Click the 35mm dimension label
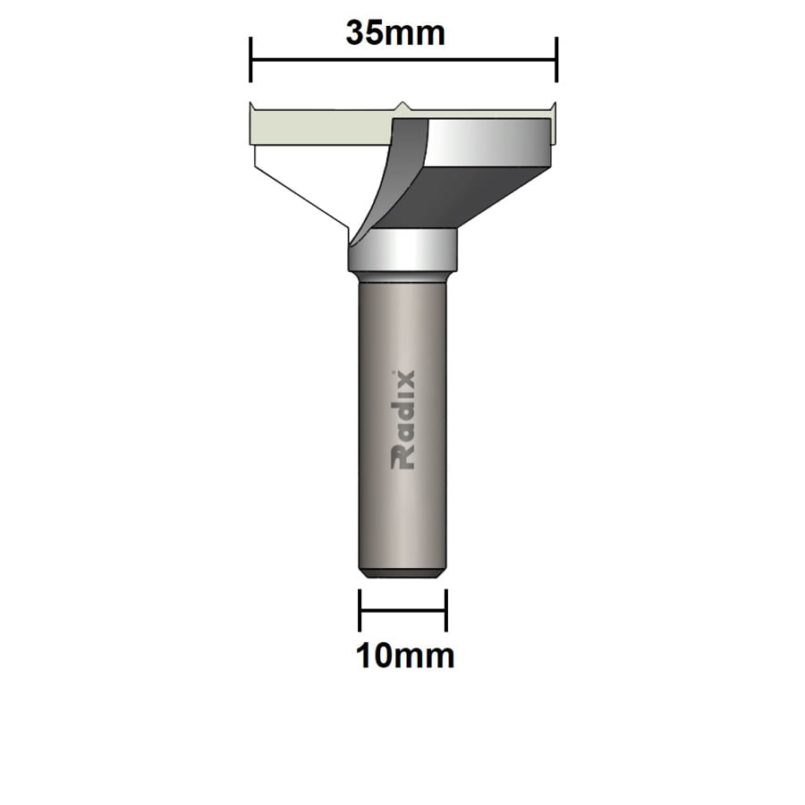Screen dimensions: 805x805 [x=395, y=33]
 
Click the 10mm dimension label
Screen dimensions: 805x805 [x=405, y=656]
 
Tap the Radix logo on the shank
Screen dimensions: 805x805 [x=403, y=420]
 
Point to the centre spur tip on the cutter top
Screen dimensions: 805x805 [x=403, y=105]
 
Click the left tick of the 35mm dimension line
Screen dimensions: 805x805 [x=250, y=59]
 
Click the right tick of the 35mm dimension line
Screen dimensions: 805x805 [x=556, y=59]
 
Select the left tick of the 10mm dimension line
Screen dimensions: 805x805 [x=360, y=610]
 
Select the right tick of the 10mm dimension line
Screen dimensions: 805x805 [x=446, y=610]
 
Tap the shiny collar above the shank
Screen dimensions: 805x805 [x=403, y=250]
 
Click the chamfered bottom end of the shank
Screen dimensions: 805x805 [x=402, y=573]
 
